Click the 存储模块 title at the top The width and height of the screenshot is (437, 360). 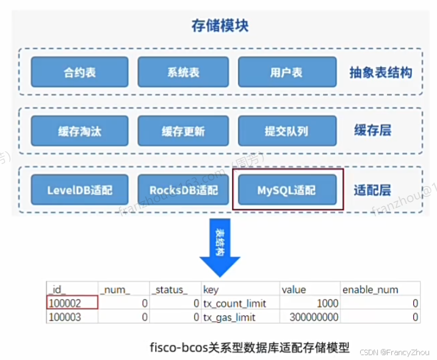(x=219, y=26)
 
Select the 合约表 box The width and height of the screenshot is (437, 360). (x=79, y=71)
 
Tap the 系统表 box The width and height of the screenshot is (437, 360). (x=183, y=71)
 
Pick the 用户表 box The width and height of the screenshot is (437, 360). (x=286, y=71)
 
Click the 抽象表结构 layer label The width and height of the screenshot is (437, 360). (x=380, y=73)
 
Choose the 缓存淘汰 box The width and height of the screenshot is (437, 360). (x=79, y=131)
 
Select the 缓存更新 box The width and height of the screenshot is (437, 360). (x=183, y=131)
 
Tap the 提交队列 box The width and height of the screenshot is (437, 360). (x=286, y=131)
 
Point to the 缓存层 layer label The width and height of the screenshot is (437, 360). (x=372, y=131)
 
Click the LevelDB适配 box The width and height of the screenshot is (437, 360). (x=79, y=189)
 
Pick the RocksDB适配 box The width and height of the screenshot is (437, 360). (x=183, y=189)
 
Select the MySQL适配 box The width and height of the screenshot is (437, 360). (x=286, y=189)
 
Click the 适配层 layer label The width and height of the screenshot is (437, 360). (x=372, y=190)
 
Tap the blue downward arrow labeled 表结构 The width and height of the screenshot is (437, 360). (x=219, y=247)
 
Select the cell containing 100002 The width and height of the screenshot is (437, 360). (x=72, y=303)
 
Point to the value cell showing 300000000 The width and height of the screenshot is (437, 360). (x=308, y=317)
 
